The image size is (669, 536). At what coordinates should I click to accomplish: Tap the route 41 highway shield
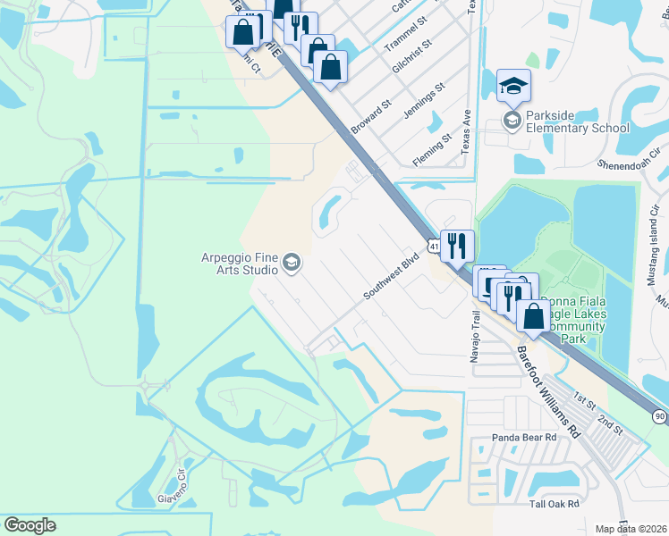(433, 245)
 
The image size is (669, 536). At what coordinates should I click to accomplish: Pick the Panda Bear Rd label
(524, 438)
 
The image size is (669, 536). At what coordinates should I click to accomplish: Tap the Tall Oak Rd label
(554, 505)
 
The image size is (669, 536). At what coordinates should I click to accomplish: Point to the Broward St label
(371, 117)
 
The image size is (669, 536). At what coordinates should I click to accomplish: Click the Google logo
(30, 525)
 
